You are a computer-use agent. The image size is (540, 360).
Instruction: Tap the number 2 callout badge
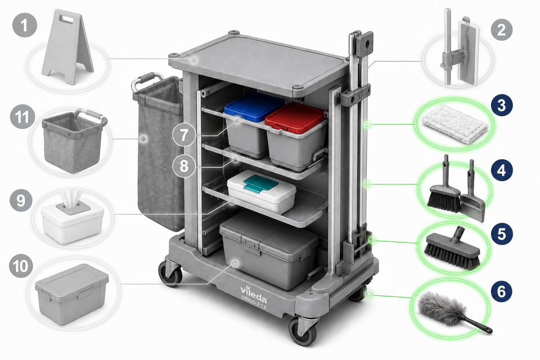point(501,30)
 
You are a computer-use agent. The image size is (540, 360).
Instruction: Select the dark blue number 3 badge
point(501,105)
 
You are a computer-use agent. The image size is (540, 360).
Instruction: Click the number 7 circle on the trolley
point(184,134)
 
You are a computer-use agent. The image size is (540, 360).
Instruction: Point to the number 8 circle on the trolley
point(184,166)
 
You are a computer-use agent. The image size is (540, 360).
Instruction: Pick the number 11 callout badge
point(22,118)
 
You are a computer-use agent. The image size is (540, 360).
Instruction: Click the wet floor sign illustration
point(68,47)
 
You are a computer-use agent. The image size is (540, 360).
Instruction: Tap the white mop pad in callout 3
point(455,124)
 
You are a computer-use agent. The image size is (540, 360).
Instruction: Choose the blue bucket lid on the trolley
point(254,107)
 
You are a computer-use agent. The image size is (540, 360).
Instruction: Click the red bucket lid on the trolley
point(295,118)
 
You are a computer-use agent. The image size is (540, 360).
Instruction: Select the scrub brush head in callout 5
point(452,247)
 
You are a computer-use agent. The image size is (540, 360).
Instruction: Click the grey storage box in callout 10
point(71,294)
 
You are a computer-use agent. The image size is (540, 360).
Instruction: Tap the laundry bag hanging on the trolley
point(159,151)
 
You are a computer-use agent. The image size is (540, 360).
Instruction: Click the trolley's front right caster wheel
point(303,331)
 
